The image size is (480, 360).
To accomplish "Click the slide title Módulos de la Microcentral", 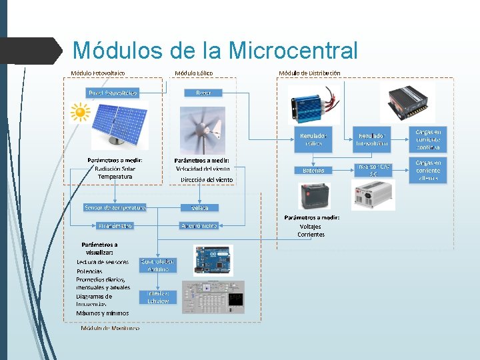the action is tap(215, 51).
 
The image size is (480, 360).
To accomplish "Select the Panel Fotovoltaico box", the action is tap(111, 93).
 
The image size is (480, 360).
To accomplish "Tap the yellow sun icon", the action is tap(80, 112).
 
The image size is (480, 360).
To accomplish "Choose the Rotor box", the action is tap(203, 93).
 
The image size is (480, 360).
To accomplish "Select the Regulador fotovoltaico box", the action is tap(372, 139).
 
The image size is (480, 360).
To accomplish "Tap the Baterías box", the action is tap(313, 170).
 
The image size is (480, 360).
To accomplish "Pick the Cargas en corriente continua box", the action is tap(428, 139).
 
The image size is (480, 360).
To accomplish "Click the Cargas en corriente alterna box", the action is tap(428, 170).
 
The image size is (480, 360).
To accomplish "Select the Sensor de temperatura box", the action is tap(115, 207).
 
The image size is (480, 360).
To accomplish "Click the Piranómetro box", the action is tap(115, 226).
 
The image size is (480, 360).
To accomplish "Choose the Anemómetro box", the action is tap(199, 226).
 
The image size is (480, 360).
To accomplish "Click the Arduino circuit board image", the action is tap(213, 260).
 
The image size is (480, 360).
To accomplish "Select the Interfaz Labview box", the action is tap(158, 297).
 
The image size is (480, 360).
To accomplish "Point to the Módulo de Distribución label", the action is tap(309, 73).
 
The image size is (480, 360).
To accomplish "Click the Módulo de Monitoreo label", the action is tap(110, 328).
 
